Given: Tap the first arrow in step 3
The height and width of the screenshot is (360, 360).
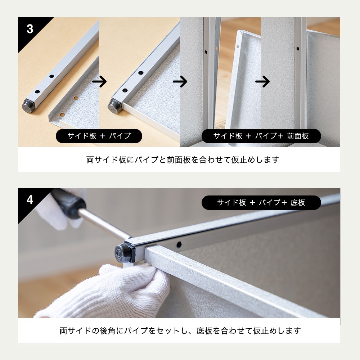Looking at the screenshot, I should (99, 82).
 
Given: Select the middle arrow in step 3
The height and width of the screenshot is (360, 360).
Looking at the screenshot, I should (180, 82).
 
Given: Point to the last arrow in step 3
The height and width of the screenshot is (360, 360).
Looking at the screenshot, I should (262, 82).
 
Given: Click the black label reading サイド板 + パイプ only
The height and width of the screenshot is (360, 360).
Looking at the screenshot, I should (99, 136).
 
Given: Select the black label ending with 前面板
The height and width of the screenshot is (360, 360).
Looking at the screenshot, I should (261, 136).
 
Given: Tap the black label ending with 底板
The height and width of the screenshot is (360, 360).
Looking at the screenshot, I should (261, 203).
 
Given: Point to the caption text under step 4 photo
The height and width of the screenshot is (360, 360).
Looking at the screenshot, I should (180, 330).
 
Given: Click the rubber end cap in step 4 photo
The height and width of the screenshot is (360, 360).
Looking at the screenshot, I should (122, 252).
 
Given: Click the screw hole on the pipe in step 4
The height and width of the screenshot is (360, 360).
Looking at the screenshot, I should (179, 244).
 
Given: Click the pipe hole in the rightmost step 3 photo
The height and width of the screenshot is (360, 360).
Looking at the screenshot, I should (298, 48).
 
